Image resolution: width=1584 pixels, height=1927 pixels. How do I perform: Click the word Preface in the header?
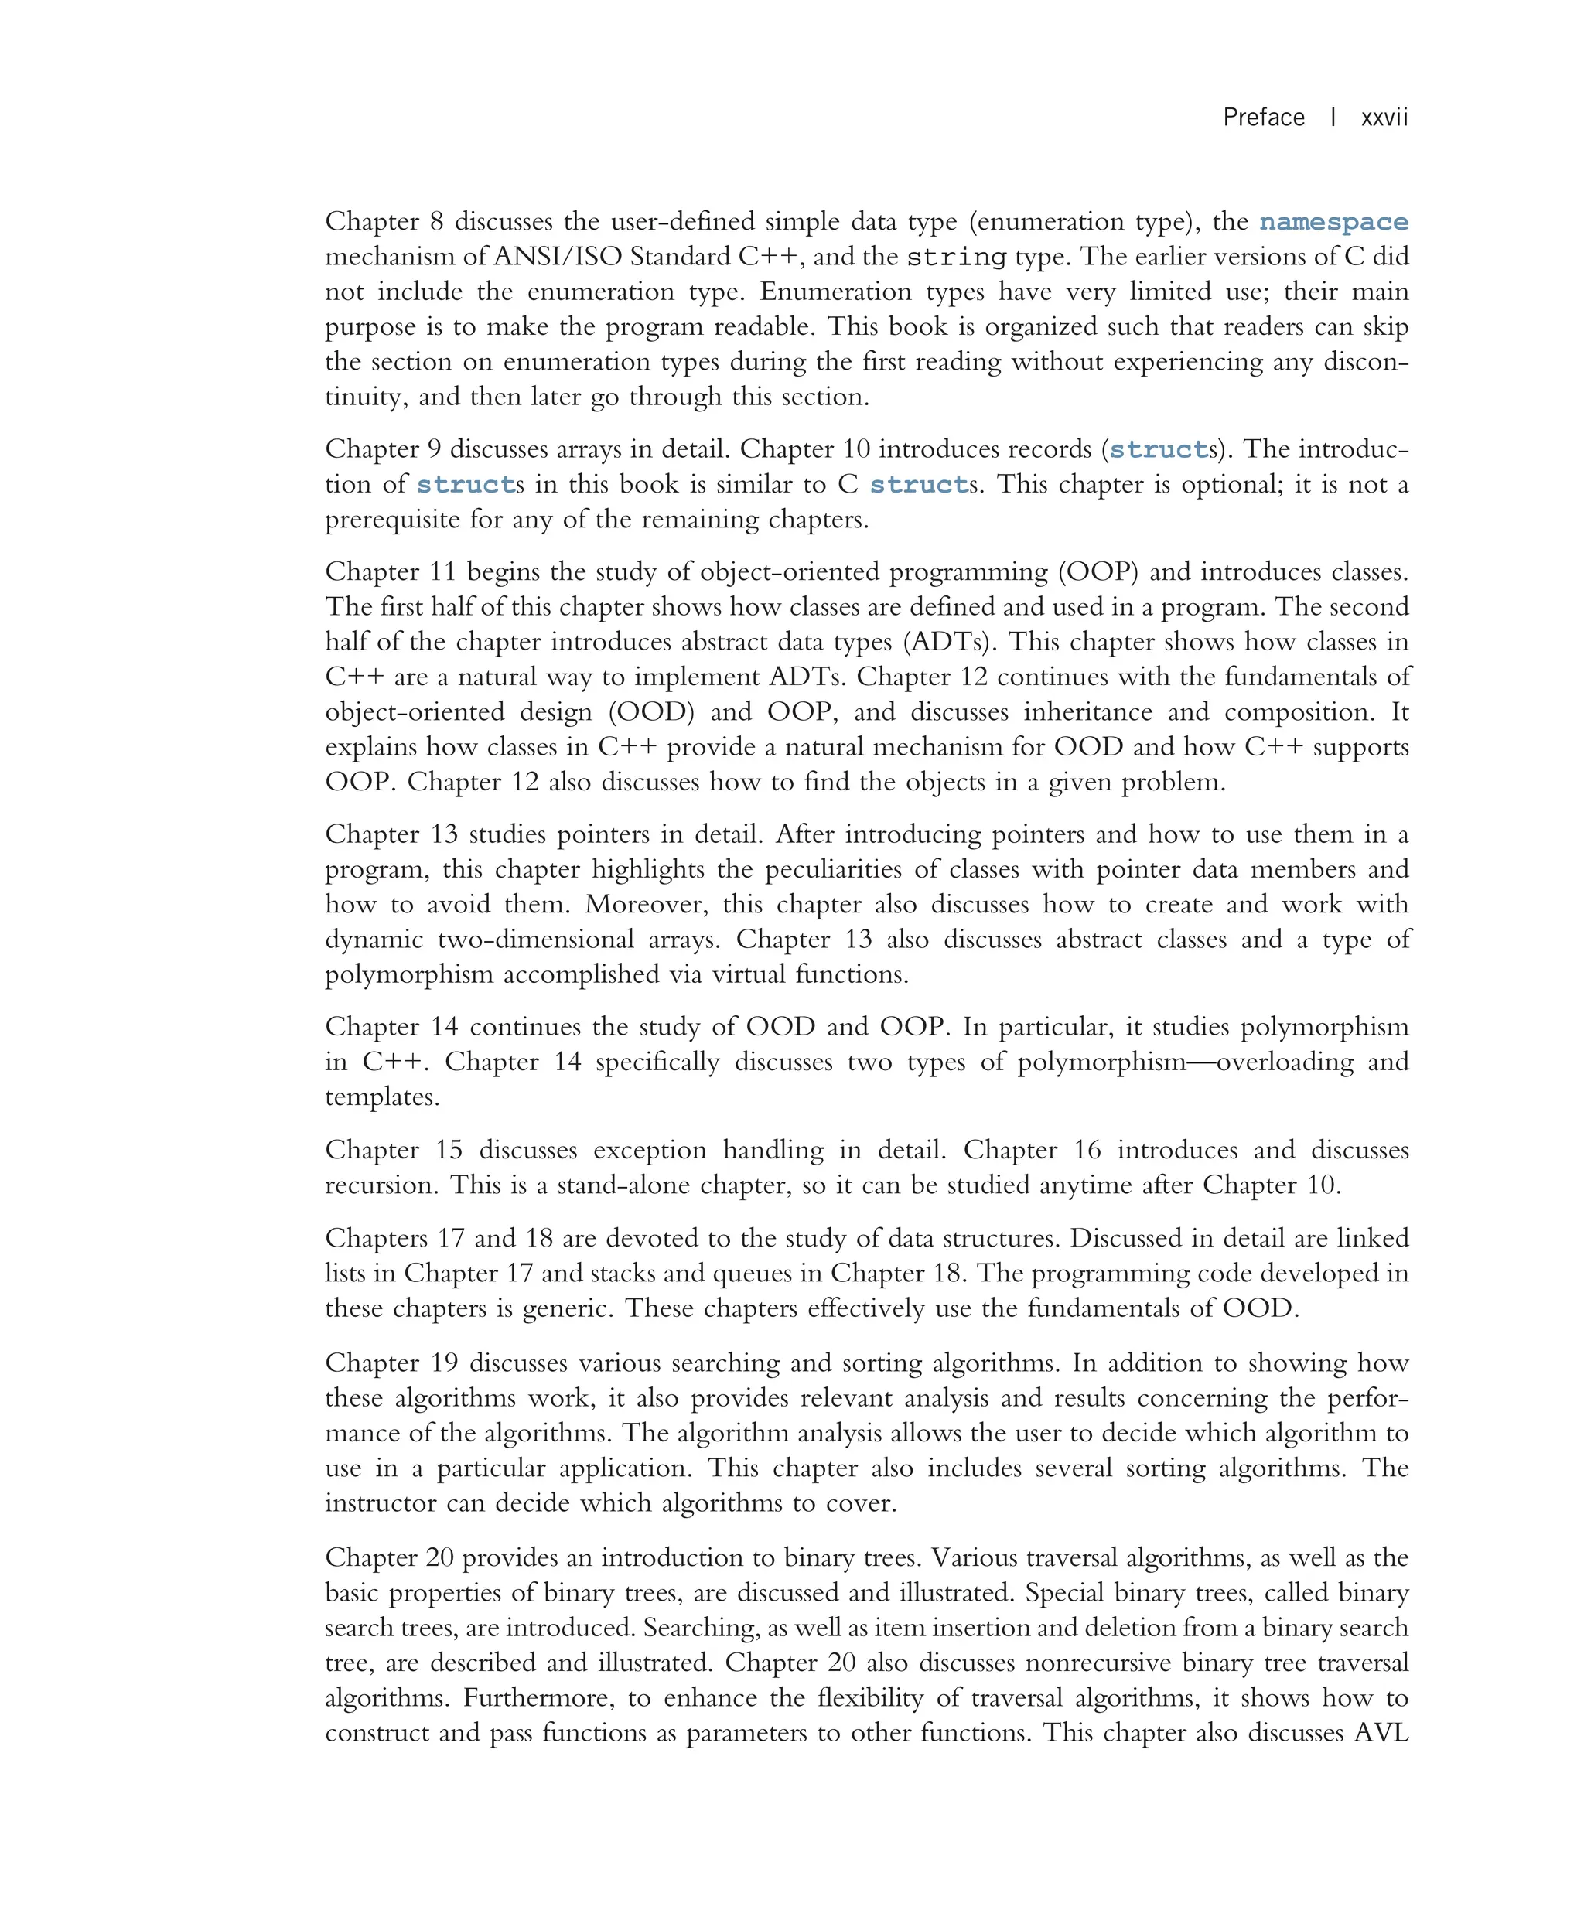pyautogui.click(x=1263, y=118)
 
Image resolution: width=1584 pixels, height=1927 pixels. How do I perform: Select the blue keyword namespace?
pyautogui.click(x=1333, y=222)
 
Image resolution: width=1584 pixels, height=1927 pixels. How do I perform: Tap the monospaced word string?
pyautogui.click(x=955, y=258)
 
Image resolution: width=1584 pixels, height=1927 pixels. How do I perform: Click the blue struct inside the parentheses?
pyautogui.click(x=1159, y=450)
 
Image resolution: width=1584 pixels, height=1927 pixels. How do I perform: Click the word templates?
pyautogui.click(x=381, y=1097)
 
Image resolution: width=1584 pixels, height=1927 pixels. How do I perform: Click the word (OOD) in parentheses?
pyautogui.click(x=651, y=711)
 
